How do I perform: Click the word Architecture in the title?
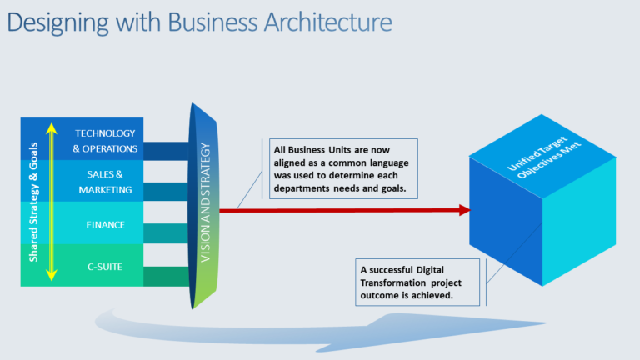pyautogui.click(x=332, y=21)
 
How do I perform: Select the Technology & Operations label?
pyautogui.click(x=105, y=141)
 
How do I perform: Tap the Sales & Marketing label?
pyautogui.click(x=105, y=182)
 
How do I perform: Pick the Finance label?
pyautogui.click(x=105, y=224)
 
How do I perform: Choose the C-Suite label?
pyautogui.click(x=105, y=267)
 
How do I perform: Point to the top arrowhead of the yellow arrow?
pyautogui.click(x=51, y=127)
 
